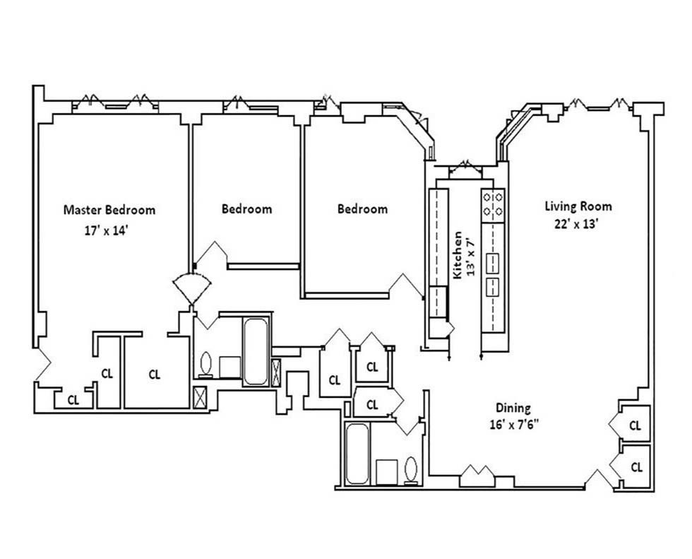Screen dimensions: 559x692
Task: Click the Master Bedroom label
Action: pyautogui.click(x=109, y=210)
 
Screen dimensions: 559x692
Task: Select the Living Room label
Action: pyautogui.click(x=578, y=207)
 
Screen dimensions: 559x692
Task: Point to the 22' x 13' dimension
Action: pyautogui.click(x=578, y=224)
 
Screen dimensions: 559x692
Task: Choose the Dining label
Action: pyautogui.click(x=512, y=408)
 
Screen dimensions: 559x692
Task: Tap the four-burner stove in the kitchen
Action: pyautogui.click(x=493, y=204)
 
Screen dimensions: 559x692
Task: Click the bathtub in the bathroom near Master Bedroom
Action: pyautogui.click(x=256, y=351)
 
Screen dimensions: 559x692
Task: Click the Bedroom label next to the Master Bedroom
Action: pyautogui.click(x=246, y=209)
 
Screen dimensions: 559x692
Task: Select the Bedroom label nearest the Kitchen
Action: pyautogui.click(x=362, y=209)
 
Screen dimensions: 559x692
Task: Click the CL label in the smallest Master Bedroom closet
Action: pyautogui.click(x=73, y=399)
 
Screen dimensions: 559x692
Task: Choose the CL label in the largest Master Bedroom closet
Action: pyautogui.click(x=155, y=375)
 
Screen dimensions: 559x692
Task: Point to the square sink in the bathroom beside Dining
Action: pyautogui.click(x=386, y=471)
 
